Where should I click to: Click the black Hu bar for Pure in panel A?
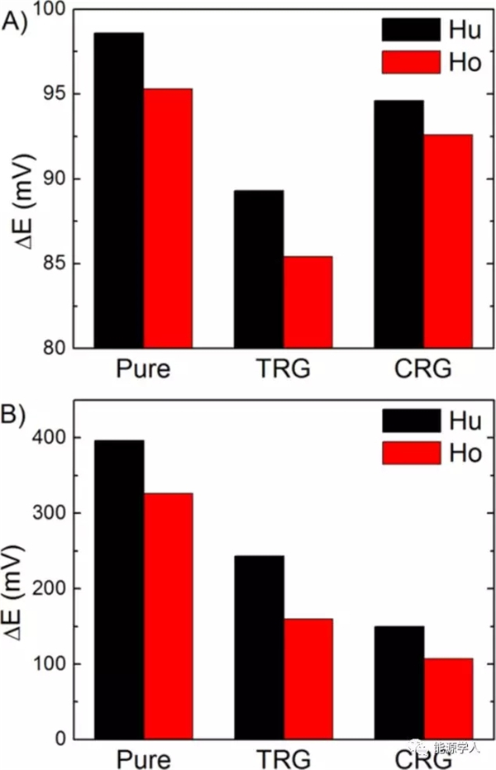click(118, 190)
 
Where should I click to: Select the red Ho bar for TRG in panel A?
click(308, 302)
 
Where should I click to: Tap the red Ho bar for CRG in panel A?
click(448, 240)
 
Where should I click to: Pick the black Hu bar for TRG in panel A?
click(259, 269)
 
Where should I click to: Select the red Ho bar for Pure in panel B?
click(168, 616)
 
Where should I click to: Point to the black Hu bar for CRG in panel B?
click(399, 682)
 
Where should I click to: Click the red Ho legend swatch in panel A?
click(411, 62)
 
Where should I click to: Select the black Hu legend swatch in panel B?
click(411, 421)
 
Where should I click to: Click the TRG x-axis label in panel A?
click(284, 369)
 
